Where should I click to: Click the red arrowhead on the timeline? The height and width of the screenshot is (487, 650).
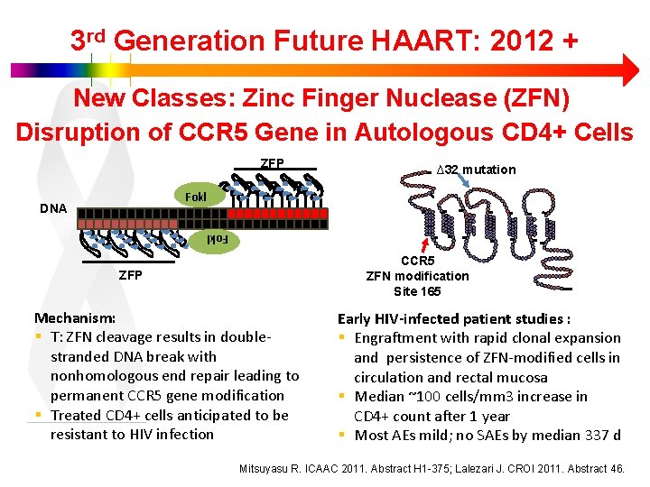pyautogui.click(x=629, y=69)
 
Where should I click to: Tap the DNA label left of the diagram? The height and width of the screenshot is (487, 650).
pyautogui.click(x=53, y=208)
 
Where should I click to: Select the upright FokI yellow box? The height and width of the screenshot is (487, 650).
pyautogui.click(x=196, y=197)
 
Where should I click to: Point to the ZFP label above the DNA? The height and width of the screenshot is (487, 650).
pyautogui.click(x=272, y=163)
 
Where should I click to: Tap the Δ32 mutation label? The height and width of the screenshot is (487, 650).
pyautogui.click(x=476, y=170)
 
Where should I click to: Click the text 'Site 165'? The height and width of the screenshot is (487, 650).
pyautogui.click(x=417, y=291)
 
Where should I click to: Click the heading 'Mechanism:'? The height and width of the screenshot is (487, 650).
pyautogui.click(x=75, y=318)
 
